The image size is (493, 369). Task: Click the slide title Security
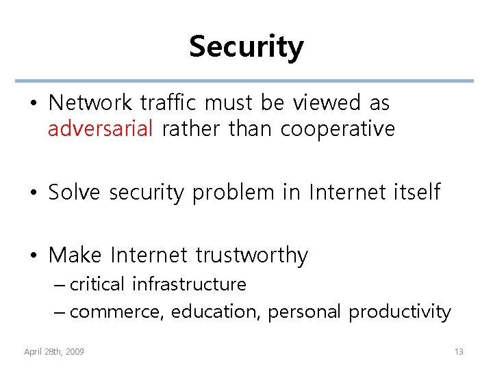point(246,46)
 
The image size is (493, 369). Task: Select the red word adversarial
point(101,128)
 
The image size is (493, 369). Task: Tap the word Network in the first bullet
point(90,103)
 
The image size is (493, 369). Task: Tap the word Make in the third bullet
point(75,255)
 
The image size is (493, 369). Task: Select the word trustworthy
point(251,256)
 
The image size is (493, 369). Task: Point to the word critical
point(97,284)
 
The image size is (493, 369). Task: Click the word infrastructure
point(189,284)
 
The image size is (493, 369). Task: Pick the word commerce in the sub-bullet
point(117,312)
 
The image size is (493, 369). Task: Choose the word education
point(216,312)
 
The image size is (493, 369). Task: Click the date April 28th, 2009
point(54,351)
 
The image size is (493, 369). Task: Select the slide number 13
point(459,351)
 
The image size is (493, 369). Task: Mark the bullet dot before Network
point(34,104)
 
